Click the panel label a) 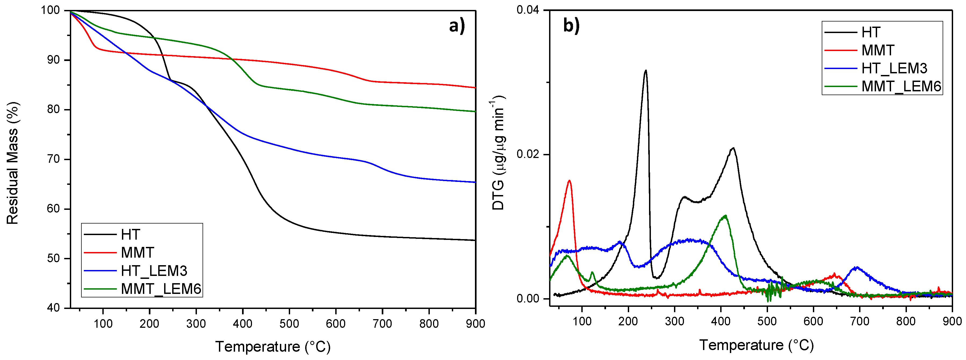(456, 26)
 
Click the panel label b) (571, 26)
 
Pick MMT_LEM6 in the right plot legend (901, 86)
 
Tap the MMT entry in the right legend (878, 50)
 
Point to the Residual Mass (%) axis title (12, 163)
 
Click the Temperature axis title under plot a (273, 347)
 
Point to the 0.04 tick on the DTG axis (527, 10)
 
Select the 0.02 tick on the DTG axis (527, 154)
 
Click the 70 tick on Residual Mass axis (53, 159)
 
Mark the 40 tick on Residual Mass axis (53, 308)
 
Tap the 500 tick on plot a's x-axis (289, 323)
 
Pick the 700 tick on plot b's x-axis (860, 321)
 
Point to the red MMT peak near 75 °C (569, 181)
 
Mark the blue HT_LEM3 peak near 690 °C (856, 267)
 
